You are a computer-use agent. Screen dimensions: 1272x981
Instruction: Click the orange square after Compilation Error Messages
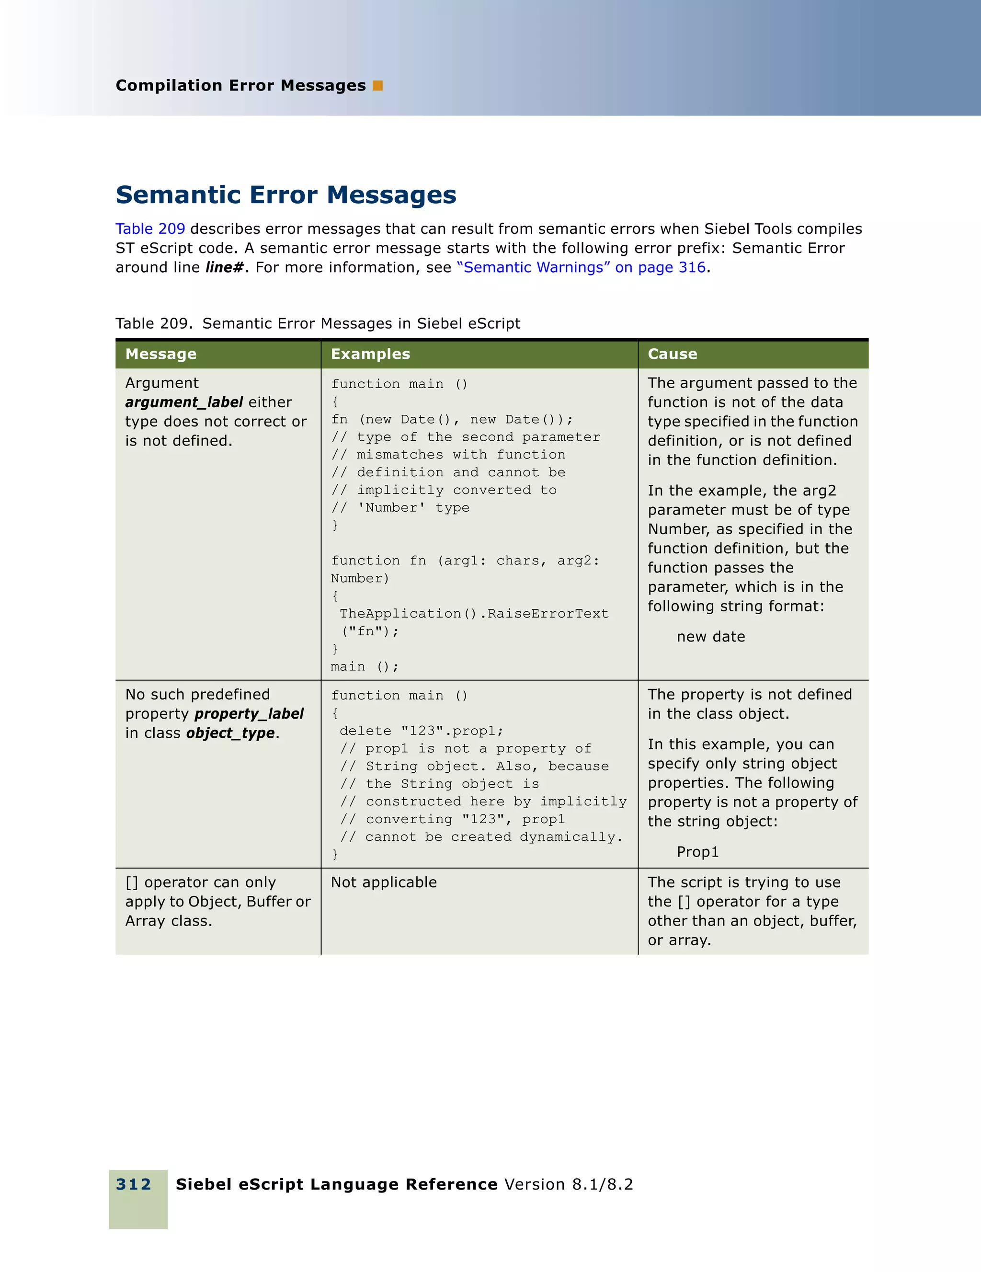377,86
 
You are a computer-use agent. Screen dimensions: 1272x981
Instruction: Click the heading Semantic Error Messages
286,195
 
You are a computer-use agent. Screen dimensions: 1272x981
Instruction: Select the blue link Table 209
150,229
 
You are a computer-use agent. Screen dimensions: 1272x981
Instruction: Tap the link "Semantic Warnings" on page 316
581,267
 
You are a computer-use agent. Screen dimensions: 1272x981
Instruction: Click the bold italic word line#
224,267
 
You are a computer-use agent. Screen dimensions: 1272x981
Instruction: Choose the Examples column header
370,354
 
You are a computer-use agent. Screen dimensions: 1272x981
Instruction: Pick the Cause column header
673,354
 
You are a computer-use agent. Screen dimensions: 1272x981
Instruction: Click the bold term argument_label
184,402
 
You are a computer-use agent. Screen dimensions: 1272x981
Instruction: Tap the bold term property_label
249,714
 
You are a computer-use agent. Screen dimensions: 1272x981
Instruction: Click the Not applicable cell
384,882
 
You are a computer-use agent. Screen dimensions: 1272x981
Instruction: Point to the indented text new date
711,637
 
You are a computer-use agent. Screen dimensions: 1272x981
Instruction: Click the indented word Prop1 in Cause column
697,852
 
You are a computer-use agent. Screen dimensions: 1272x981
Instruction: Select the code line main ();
365,667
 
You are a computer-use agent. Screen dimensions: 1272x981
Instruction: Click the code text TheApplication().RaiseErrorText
474,614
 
